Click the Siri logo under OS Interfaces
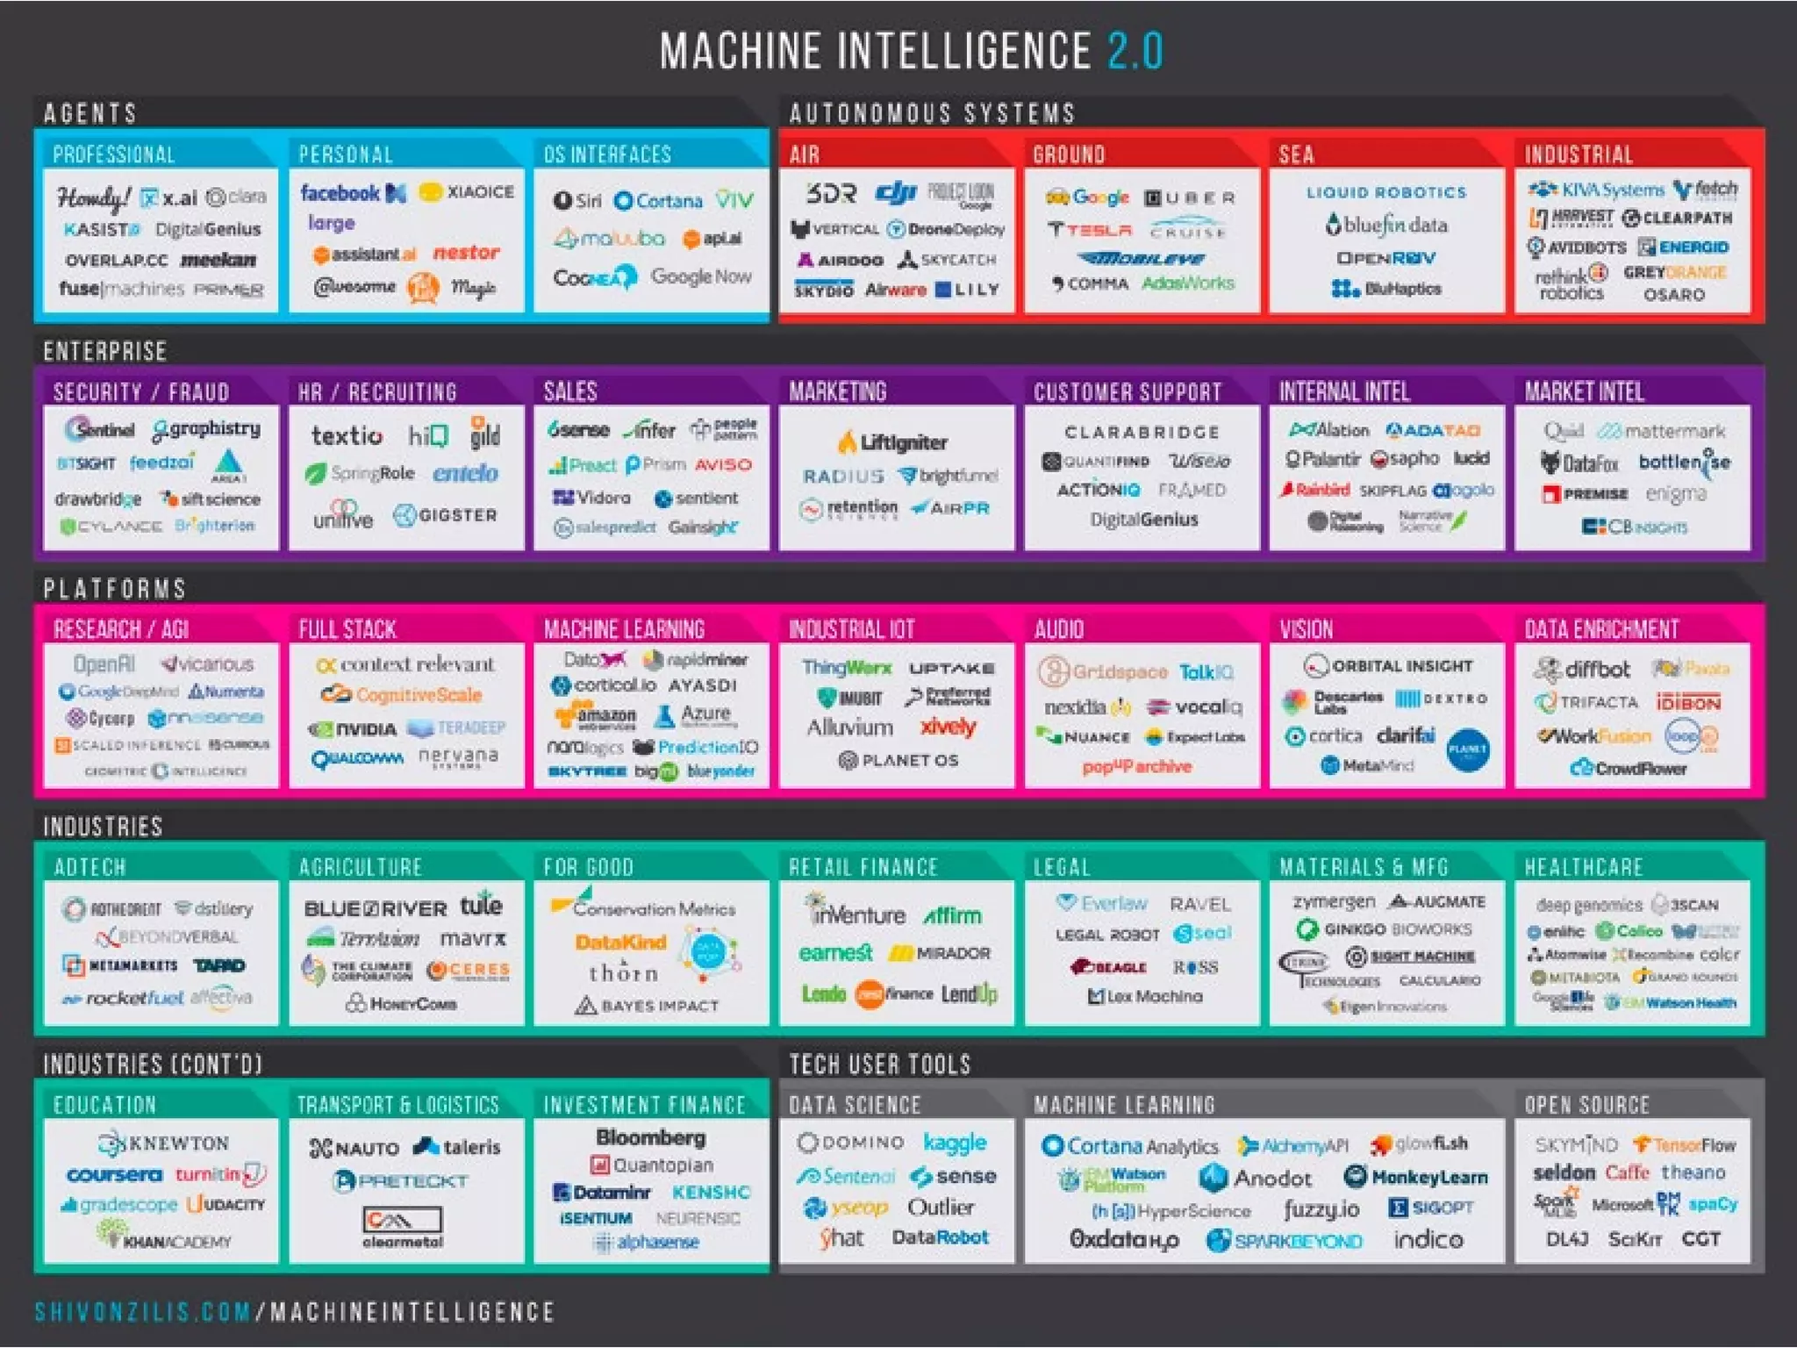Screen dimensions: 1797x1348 point(578,201)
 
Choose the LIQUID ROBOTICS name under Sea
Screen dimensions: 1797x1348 point(1385,192)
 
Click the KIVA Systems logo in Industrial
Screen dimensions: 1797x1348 point(1596,190)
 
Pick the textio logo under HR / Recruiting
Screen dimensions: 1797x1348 point(347,435)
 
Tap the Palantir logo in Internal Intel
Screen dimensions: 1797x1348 point(1322,459)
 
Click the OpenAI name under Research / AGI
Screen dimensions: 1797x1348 point(104,664)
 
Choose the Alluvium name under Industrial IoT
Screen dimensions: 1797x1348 point(849,728)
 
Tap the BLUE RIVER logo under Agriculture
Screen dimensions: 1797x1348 point(375,908)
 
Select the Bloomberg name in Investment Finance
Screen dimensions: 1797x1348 point(650,1137)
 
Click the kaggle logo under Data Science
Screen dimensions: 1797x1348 point(955,1142)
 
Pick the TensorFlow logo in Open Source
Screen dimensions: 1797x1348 point(1684,1145)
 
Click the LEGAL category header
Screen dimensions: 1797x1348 point(1062,867)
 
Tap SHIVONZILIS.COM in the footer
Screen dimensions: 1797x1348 point(143,1312)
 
